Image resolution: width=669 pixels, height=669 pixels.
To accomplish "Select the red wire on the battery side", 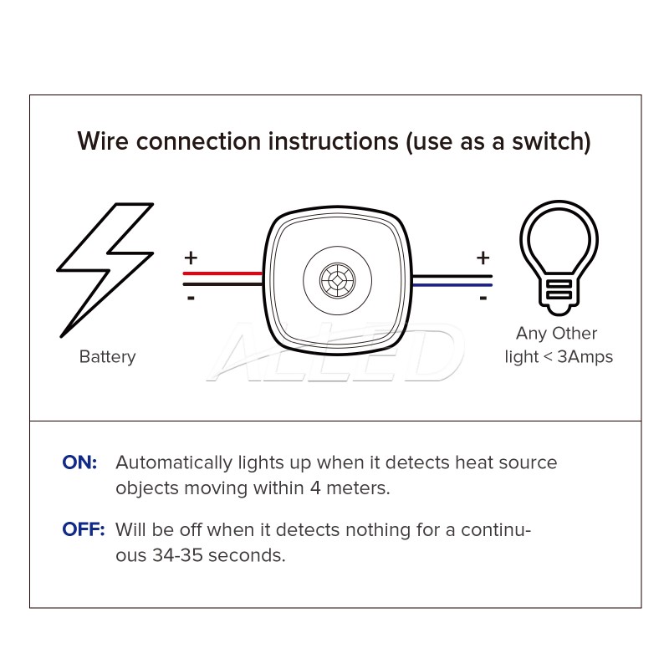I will [222, 273].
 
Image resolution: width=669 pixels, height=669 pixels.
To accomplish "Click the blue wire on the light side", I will [452, 285].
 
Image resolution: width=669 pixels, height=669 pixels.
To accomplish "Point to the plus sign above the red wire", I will [191, 257].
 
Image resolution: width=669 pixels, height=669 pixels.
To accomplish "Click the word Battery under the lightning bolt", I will [107, 357].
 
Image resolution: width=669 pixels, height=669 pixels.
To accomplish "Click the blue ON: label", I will [80, 462].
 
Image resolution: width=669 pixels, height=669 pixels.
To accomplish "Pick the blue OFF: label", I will [84, 529].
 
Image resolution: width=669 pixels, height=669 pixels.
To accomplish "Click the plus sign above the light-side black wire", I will [483, 258].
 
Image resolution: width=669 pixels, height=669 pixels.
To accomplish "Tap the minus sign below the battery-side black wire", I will [191, 298].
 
